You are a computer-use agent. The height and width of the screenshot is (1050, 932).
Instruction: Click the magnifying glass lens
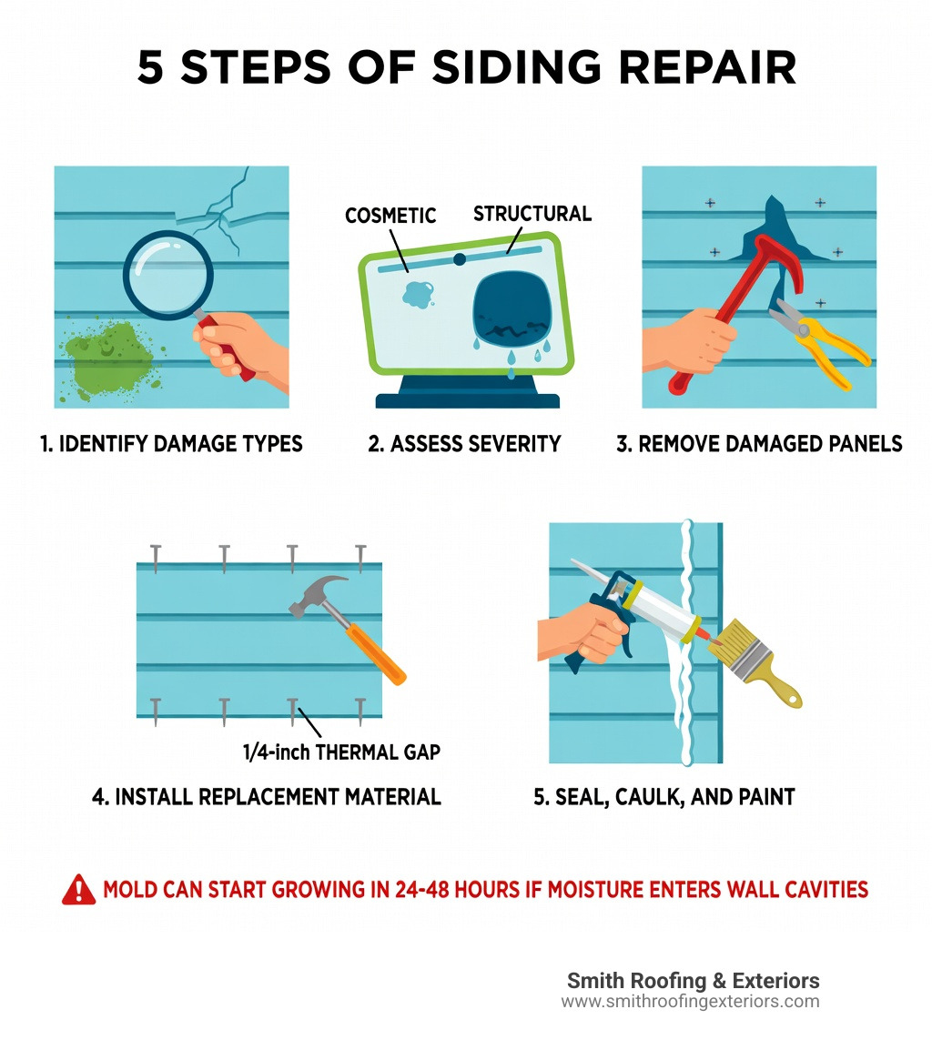[x=167, y=273]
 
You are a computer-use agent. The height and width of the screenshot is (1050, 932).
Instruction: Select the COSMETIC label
[x=390, y=216]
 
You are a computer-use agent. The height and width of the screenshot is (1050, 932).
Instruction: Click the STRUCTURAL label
[x=532, y=214]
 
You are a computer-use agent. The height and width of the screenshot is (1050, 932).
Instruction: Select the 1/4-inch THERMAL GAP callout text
[x=341, y=752]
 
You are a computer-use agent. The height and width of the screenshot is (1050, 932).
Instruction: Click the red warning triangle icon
[x=78, y=889]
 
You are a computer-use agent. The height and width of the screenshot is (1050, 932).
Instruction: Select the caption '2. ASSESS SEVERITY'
[x=464, y=444]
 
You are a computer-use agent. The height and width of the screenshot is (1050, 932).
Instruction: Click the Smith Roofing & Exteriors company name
[x=693, y=981]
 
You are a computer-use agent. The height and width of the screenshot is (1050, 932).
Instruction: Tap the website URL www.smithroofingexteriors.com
[x=690, y=1002]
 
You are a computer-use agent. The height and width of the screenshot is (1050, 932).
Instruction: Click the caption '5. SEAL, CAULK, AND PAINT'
[x=664, y=797]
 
